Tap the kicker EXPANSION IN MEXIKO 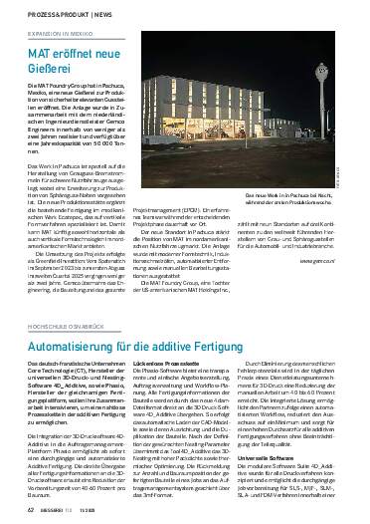click(52, 34)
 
